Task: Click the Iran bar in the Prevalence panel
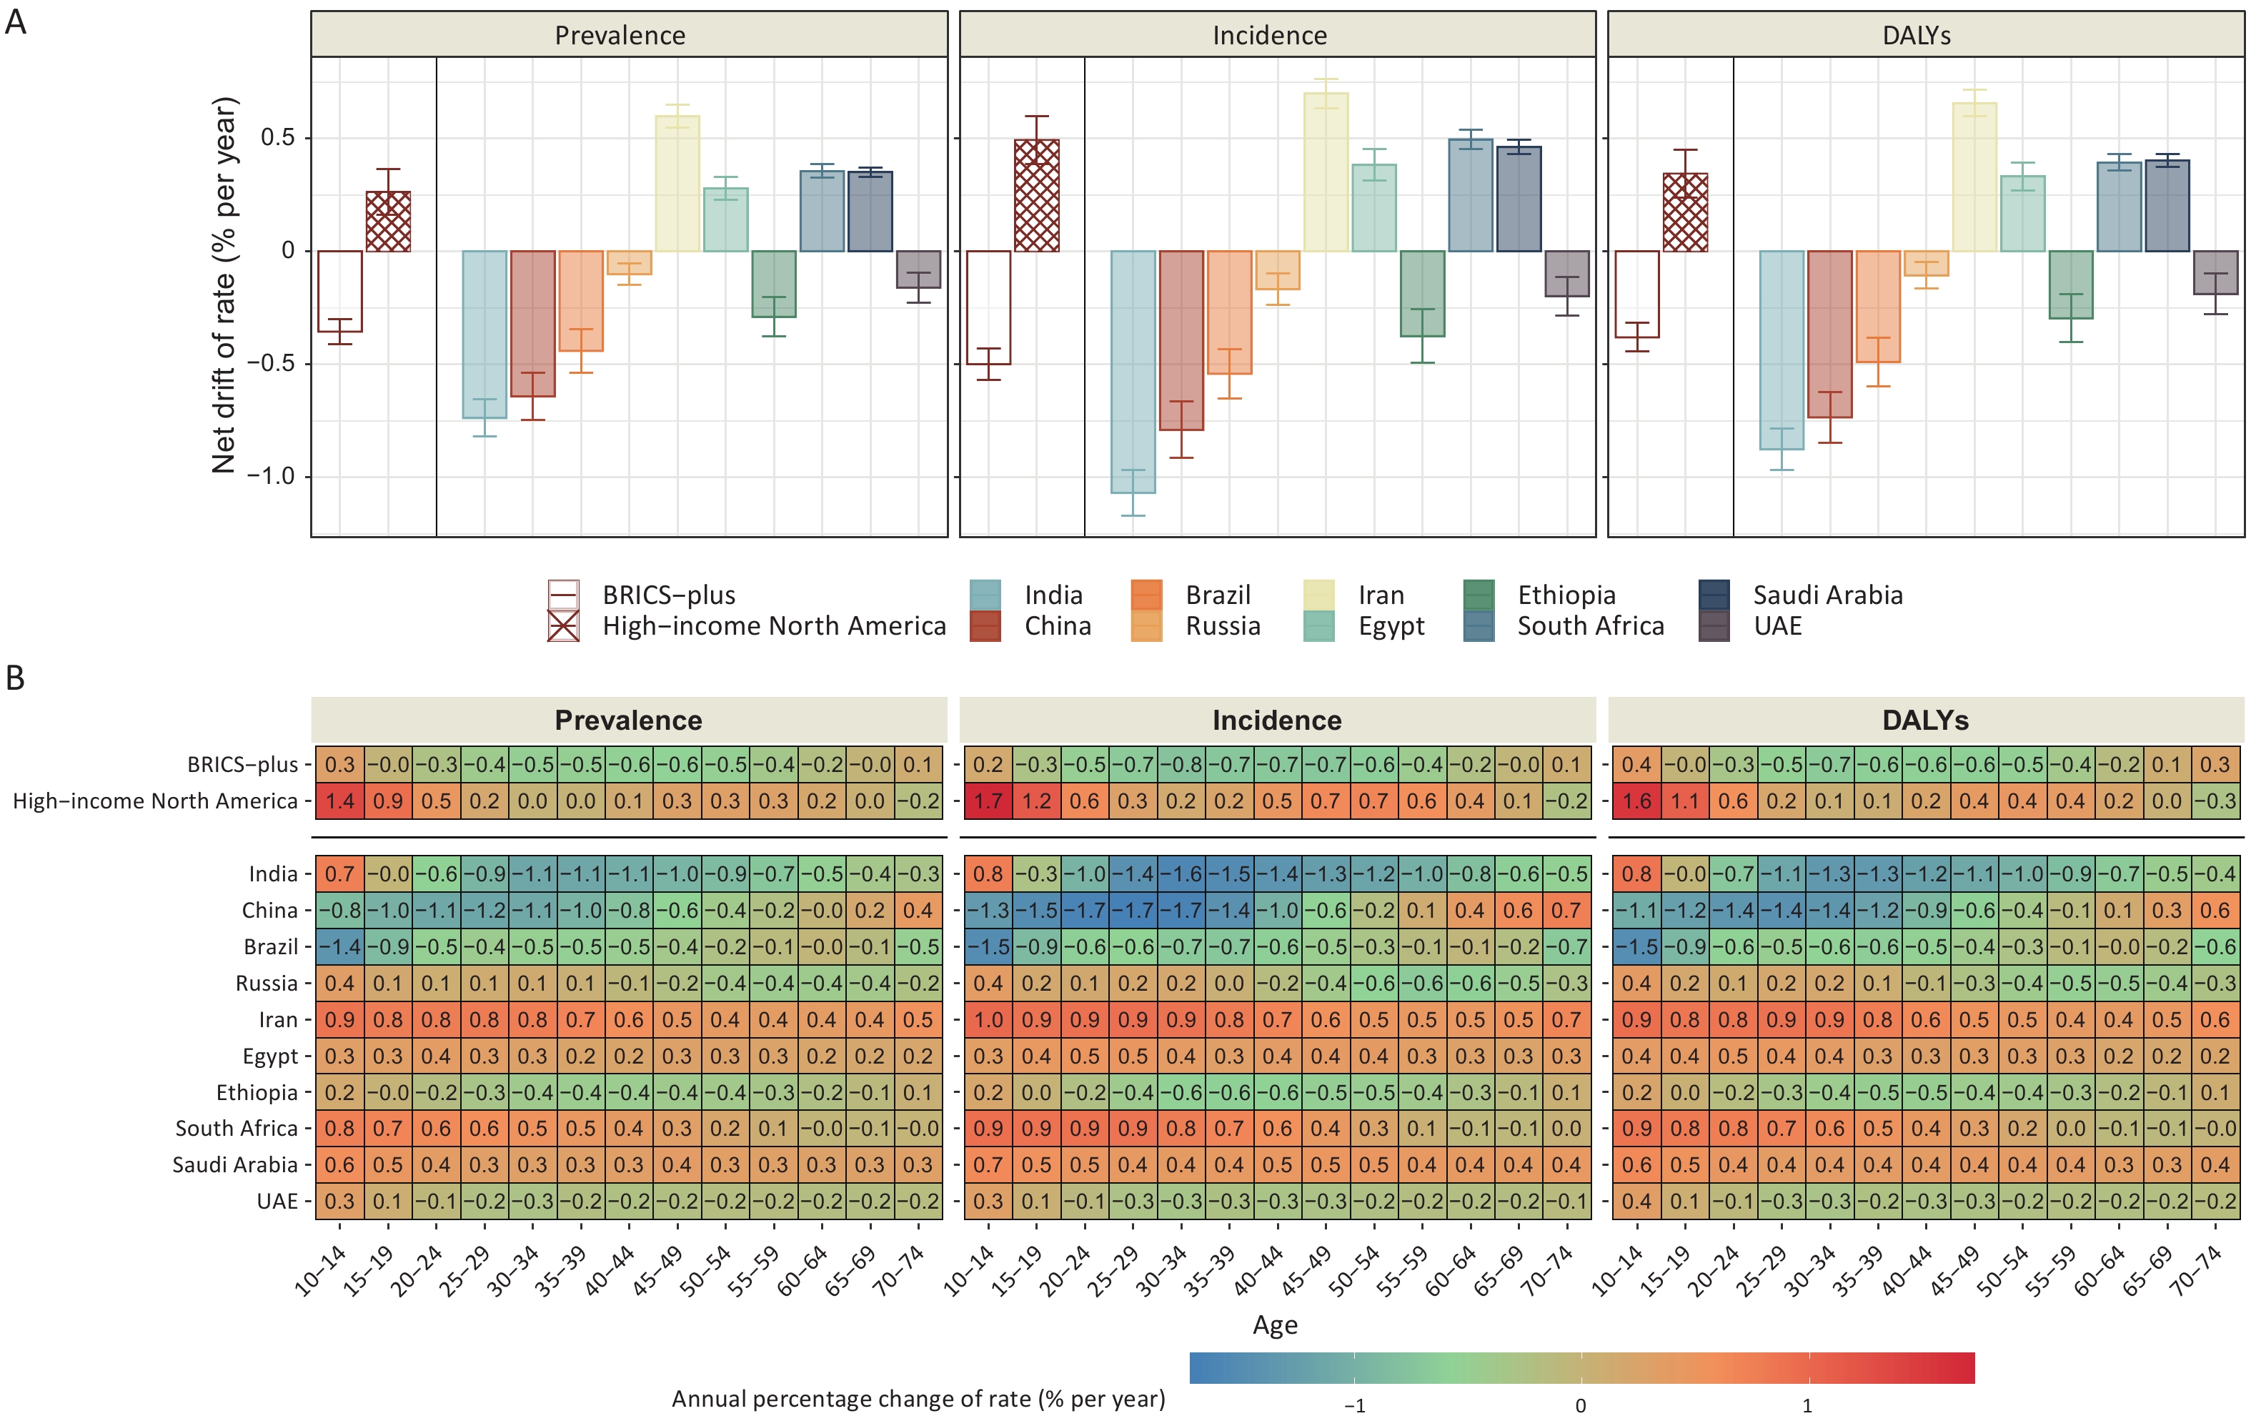coord(677,184)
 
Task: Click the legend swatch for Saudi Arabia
coord(1714,595)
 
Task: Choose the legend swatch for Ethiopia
coord(1479,595)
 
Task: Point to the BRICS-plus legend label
coord(668,595)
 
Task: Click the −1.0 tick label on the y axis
coord(270,477)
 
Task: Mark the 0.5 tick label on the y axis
coord(278,137)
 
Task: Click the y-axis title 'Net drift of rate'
coord(224,285)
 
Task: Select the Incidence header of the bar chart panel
coord(1268,36)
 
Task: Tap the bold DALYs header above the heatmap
coord(1924,720)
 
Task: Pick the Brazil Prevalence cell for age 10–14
coord(339,947)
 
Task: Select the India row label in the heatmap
coord(273,874)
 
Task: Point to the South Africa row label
coord(237,1129)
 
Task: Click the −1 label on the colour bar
coord(1353,1406)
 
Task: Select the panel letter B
coord(15,678)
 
